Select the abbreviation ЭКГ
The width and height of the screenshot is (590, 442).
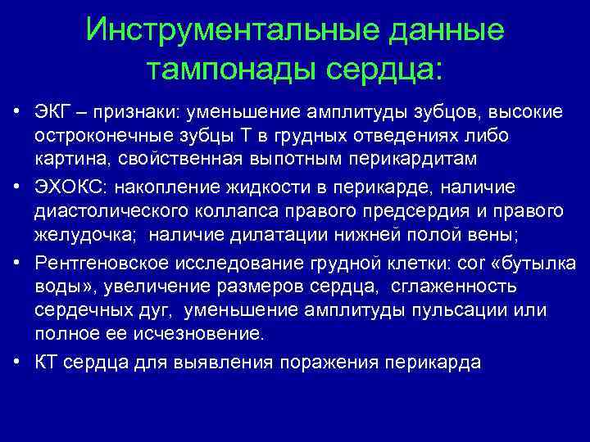click(53, 111)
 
